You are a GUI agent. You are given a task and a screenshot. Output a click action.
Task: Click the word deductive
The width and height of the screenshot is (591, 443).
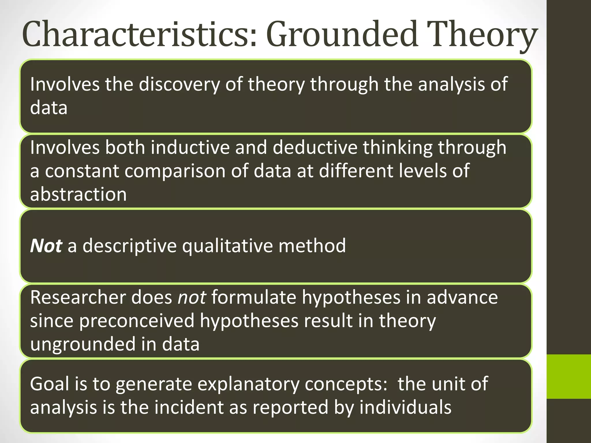[315, 147]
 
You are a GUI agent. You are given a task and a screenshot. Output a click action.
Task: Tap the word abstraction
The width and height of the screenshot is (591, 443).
[78, 194]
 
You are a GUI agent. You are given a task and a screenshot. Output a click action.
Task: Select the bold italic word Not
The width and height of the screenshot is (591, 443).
[46, 246]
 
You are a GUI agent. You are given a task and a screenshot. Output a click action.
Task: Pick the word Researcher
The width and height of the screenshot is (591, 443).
[78, 297]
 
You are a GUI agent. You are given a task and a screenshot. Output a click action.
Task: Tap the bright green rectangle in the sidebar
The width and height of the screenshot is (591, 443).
[568, 376]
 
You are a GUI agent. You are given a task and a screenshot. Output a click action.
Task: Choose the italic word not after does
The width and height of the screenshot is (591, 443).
[192, 297]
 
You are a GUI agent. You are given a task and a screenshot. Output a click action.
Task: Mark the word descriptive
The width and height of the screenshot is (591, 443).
[130, 246]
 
